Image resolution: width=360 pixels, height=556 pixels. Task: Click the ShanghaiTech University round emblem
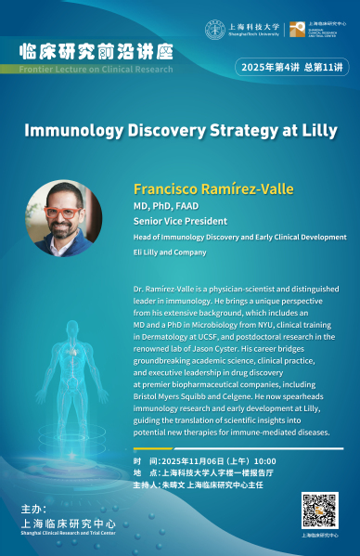point(214,30)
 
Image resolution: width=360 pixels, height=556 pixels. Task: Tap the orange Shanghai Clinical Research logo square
point(296,30)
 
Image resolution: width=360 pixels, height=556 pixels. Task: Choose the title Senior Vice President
point(176,222)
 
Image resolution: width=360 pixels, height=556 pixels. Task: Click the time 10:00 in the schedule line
point(265,460)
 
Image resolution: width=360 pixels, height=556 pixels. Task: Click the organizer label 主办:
point(32,511)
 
